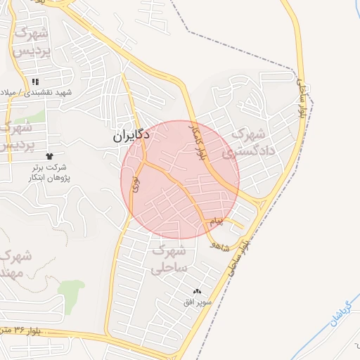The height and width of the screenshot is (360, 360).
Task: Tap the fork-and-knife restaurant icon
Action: [35, 82]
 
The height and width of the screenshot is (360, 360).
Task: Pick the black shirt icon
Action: [49, 156]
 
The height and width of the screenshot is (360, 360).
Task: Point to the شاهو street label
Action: [220, 245]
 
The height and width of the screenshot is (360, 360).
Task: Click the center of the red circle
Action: [180, 179]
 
